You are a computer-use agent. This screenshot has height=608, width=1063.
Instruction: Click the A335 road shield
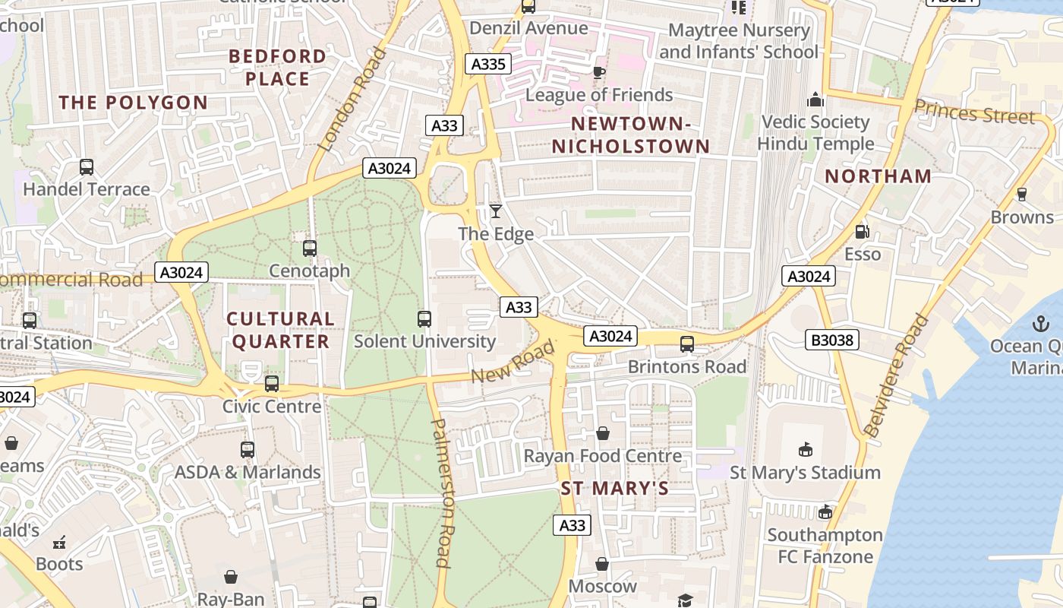pos(487,65)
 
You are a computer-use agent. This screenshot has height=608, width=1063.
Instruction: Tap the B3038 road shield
pos(832,340)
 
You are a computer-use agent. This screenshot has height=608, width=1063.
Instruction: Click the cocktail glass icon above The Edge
pos(496,211)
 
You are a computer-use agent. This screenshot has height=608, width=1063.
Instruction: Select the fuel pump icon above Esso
pos(862,232)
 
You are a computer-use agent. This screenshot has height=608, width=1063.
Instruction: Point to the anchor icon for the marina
pos(1039,325)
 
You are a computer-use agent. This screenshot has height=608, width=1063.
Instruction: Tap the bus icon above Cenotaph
pos(309,248)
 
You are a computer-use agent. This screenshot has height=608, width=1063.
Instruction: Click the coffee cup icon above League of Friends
pos(598,72)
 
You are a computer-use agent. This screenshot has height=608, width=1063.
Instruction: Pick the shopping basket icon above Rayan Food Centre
pos(602,433)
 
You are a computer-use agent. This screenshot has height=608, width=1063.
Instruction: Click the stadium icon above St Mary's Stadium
pos(806,450)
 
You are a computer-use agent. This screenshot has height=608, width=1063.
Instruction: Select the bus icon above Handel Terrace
pos(87,166)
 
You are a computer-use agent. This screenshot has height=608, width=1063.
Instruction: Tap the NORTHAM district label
pos(878,176)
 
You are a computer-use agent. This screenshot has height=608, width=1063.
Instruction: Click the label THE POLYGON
pos(134,103)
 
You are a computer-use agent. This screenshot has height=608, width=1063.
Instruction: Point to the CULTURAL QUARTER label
pos(280,330)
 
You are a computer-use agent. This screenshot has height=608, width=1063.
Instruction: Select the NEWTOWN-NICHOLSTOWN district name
pos(630,135)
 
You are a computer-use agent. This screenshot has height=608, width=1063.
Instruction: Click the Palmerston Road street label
pos(442,492)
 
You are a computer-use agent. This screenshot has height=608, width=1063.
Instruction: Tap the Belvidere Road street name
pos(897,375)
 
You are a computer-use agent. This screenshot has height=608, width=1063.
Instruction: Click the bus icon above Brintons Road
pos(687,344)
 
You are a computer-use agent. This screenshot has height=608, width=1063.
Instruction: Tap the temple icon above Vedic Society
pos(815,100)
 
